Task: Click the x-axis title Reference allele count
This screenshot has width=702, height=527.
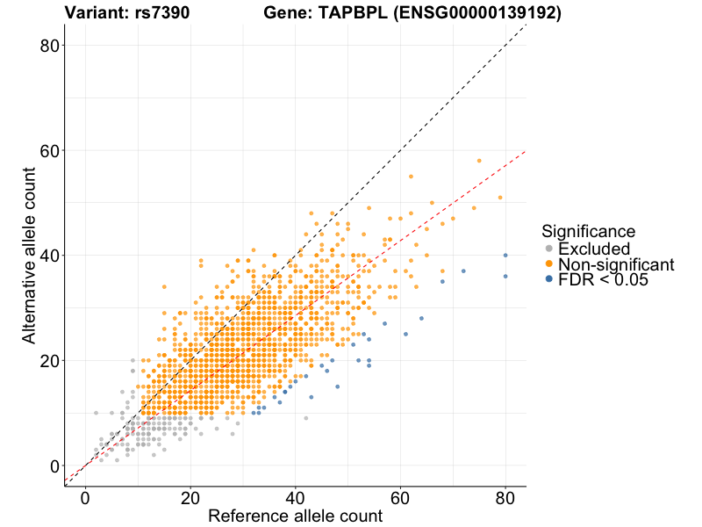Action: pyautogui.click(x=295, y=516)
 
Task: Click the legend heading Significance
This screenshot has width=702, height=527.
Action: pyautogui.click(x=588, y=231)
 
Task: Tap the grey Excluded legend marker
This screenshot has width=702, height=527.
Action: pyautogui.click(x=548, y=249)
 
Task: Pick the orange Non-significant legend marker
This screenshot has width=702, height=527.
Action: pyautogui.click(x=548, y=264)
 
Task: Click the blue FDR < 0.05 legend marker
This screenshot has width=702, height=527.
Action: pyautogui.click(x=548, y=279)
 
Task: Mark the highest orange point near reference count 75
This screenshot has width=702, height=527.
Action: pyautogui.click(x=479, y=161)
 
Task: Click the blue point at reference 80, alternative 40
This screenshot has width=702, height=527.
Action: pyautogui.click(x=505, y=256)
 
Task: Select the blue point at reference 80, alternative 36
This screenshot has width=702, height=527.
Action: pyautogui.click(x=505, y=277)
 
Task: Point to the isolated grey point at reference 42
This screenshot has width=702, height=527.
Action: pyautogui.click(x=306, y=418)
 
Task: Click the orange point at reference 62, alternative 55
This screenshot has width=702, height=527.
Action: pyautogui.click(x=411, y=177)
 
